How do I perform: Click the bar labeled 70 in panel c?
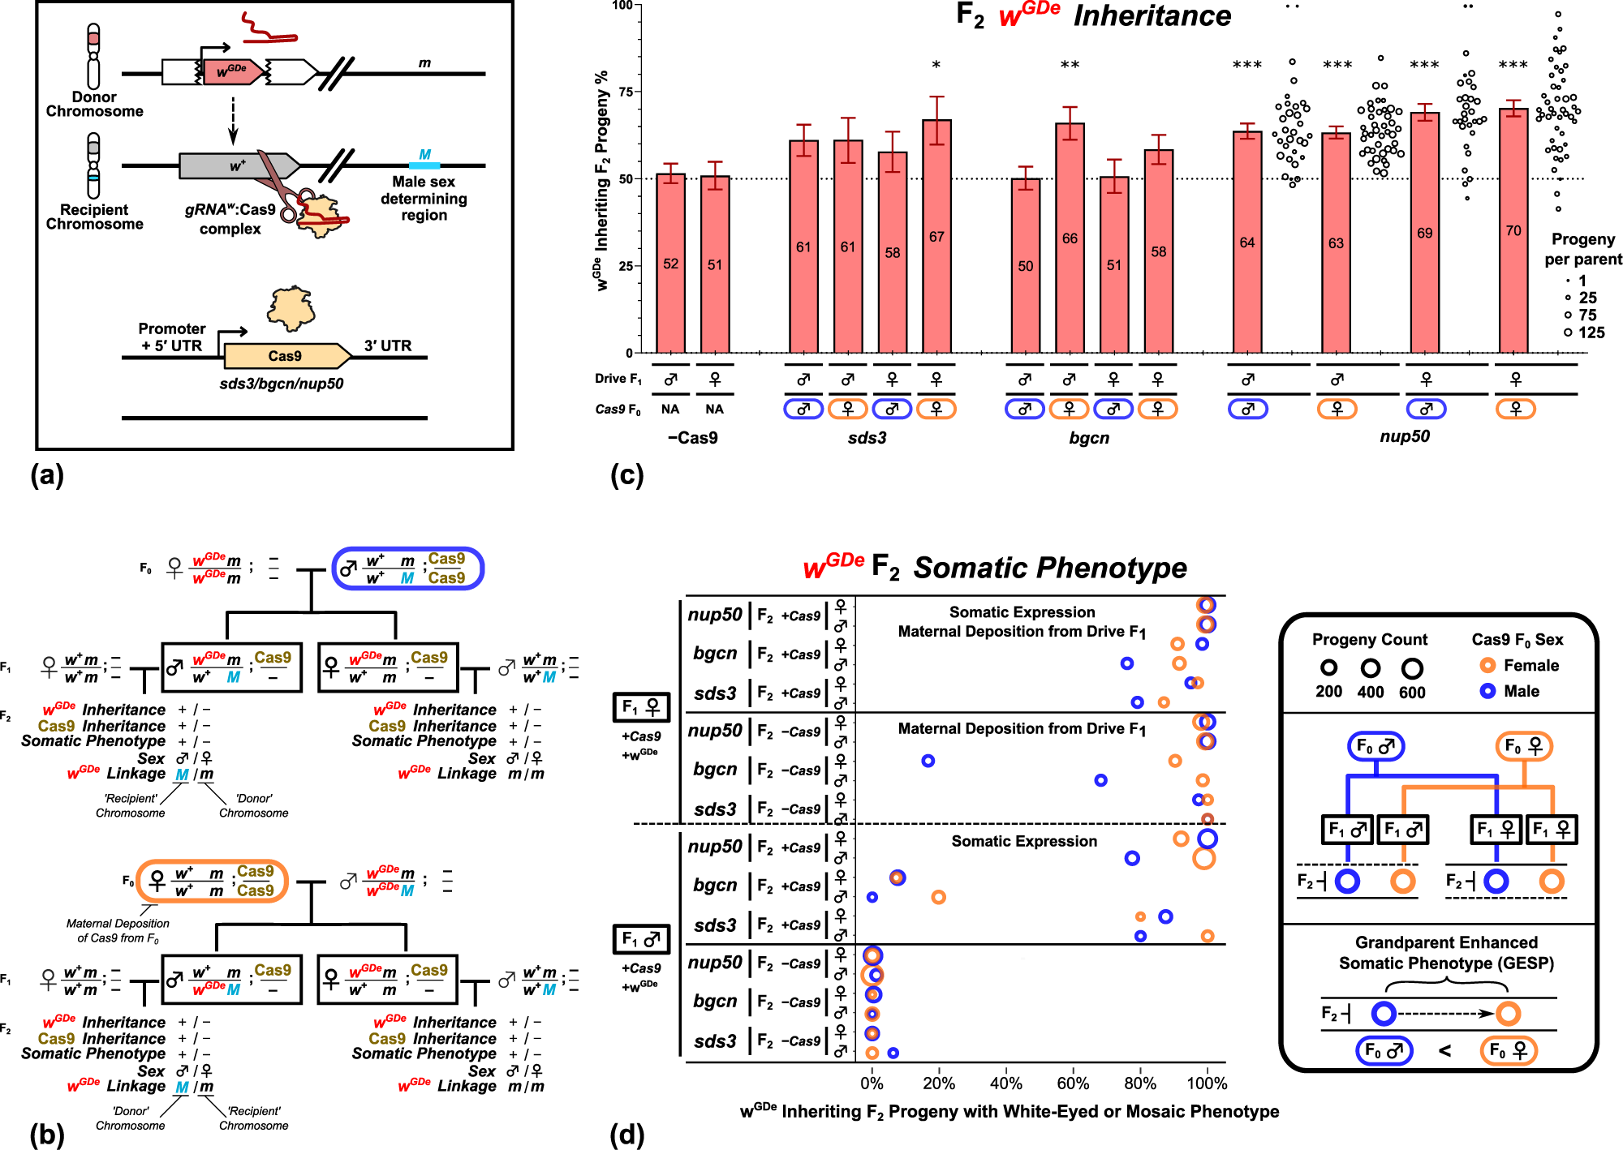1513,231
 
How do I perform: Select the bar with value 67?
936,236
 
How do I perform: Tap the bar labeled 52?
670,264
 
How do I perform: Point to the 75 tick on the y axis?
626,92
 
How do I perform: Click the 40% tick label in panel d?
1006,1083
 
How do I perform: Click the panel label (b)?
47,1135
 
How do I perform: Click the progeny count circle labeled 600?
1412,668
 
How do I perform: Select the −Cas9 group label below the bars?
692,438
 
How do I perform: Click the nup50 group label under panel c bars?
1405,436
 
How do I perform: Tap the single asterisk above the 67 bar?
936,65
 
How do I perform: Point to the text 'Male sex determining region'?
424,199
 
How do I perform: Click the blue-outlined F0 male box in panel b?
407,569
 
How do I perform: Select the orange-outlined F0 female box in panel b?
213,882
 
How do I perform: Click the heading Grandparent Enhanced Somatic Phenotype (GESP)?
1446,953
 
